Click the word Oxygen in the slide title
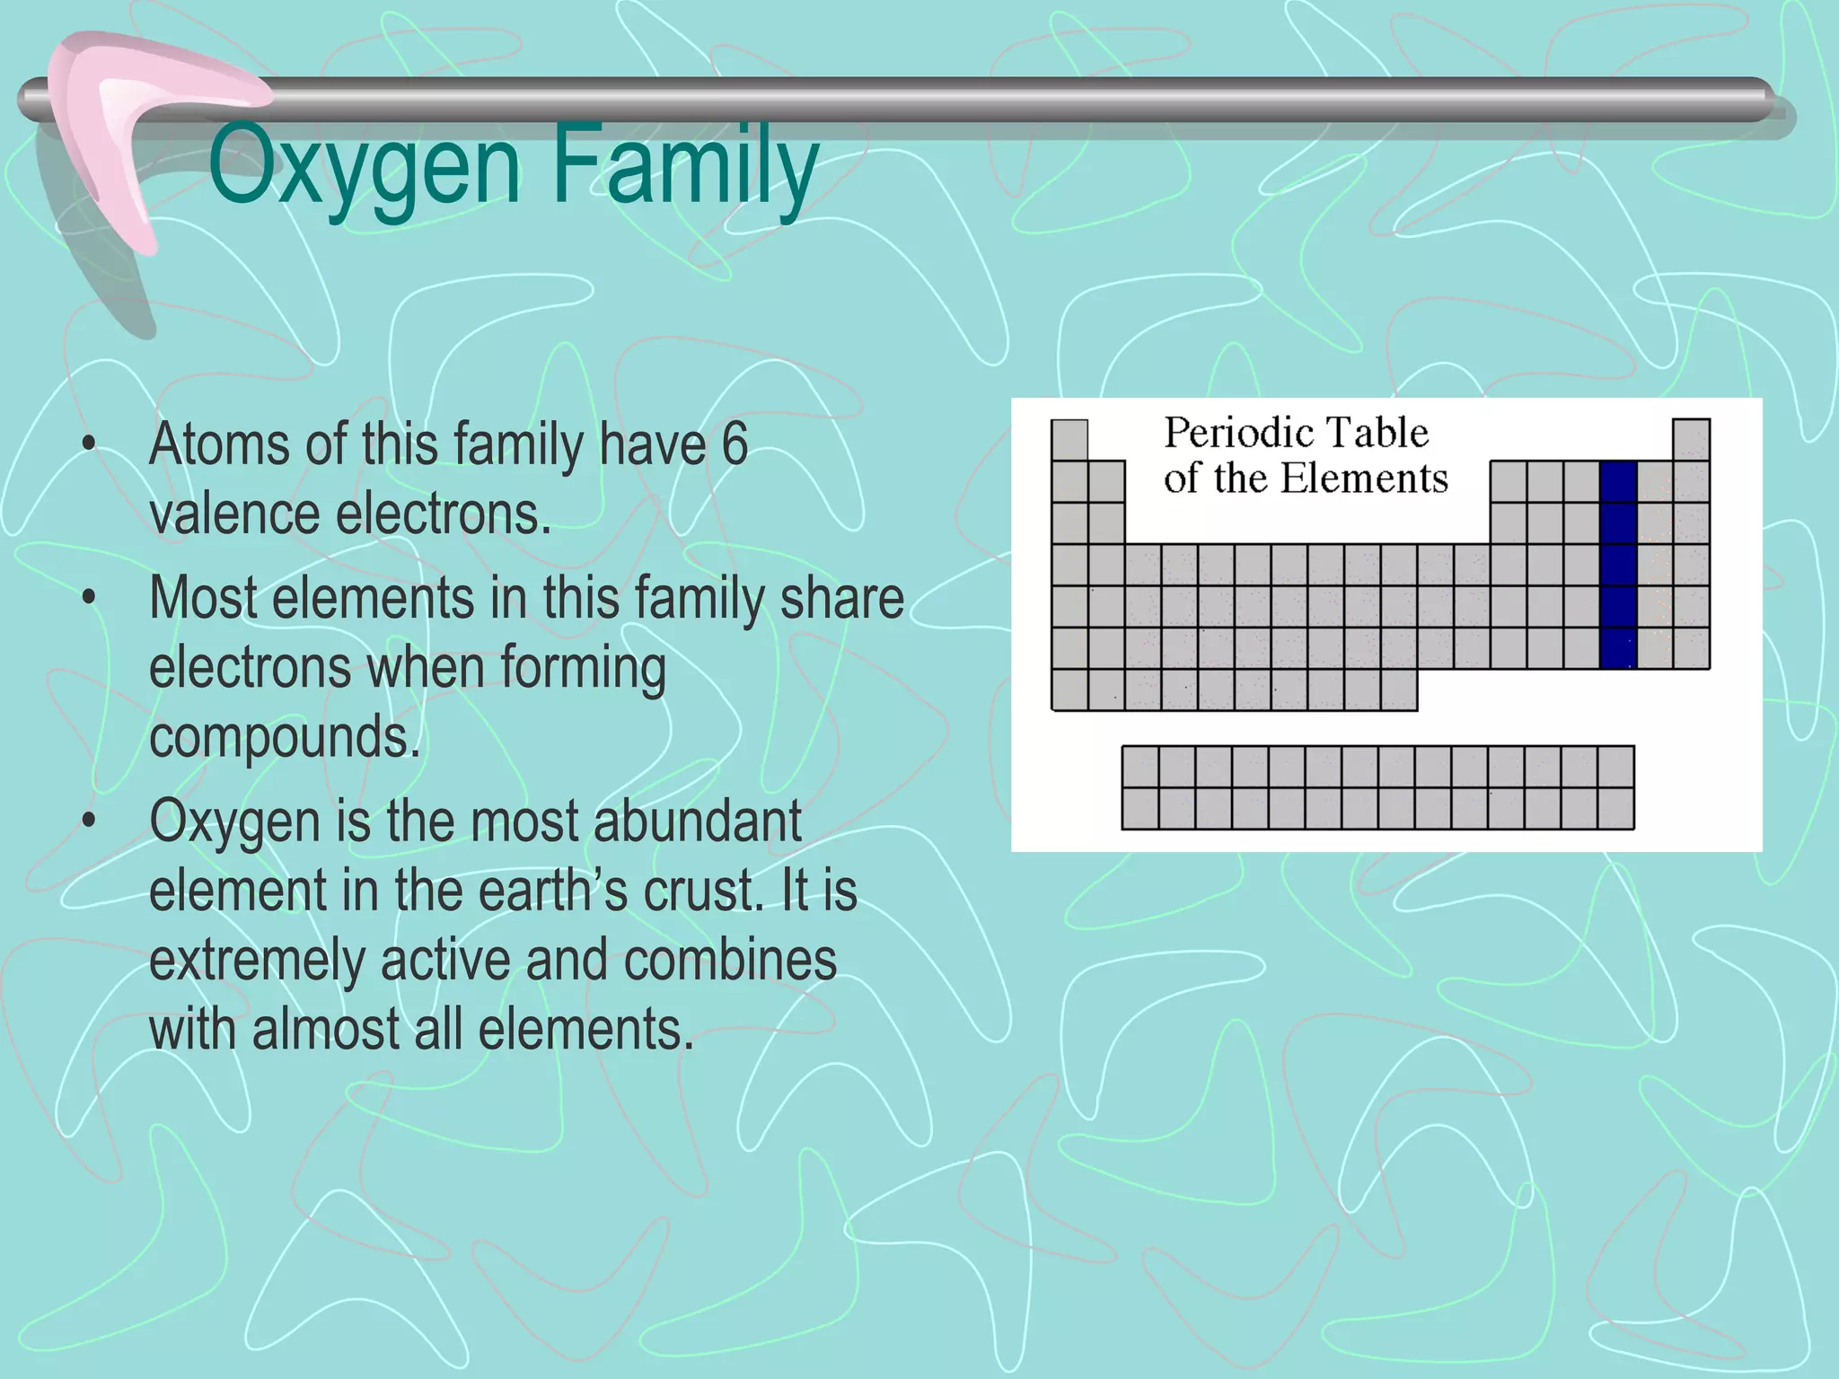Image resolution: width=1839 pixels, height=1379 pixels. point(364,167)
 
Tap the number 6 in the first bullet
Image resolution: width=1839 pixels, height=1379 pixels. point(735,444)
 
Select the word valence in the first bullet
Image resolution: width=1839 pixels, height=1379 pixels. point(233,514)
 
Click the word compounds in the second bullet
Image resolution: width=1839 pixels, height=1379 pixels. point(285,737)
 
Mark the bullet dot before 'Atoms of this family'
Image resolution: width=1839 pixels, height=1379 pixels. point(88,444)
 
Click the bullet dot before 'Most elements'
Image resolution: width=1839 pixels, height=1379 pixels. point(88,599)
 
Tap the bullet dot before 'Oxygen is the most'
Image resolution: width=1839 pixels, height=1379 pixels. point(88,821)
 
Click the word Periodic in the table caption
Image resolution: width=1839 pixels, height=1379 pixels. point(1225,434)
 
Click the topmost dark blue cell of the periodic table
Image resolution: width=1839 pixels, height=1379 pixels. point(1618,482)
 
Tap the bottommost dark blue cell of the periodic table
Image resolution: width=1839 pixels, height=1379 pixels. point(1618,648)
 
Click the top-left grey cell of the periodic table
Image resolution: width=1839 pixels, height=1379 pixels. point(1069,440)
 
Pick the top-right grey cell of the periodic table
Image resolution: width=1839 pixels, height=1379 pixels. point(1691,440)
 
